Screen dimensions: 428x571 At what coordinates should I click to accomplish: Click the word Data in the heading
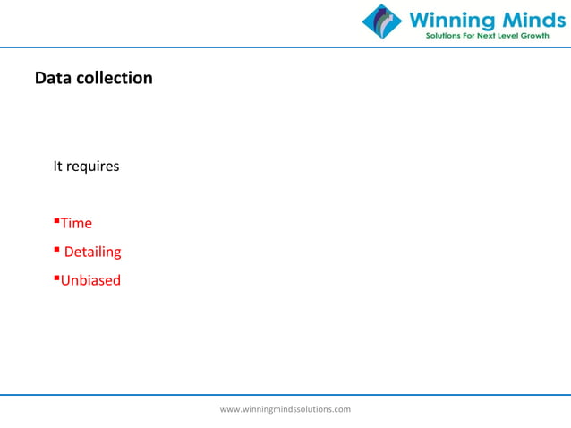click(x=52, y=78)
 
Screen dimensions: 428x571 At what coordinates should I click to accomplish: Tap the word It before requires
click(x=57, y=167)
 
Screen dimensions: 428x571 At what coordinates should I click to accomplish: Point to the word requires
click(x=92, y=167)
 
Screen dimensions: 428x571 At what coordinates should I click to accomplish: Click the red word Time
click(x=76, y=223)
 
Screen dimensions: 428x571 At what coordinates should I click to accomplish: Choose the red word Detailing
click(x=92, y=252)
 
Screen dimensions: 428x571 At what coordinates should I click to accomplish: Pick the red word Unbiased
click(x=90, y=280)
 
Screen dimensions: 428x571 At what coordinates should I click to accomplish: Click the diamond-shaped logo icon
click(x=382, y=21)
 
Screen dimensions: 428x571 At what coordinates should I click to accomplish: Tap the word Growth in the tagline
click(x=546, y=36)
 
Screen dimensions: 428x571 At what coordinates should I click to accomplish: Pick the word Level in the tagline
click(x=516, y=36)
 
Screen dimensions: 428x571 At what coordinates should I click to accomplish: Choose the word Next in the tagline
click(x=491, y=36)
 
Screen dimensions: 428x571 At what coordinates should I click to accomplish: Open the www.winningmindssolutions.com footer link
click(x=285, y=409)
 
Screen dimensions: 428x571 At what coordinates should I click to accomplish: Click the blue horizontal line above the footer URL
click(x=285, y=393)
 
